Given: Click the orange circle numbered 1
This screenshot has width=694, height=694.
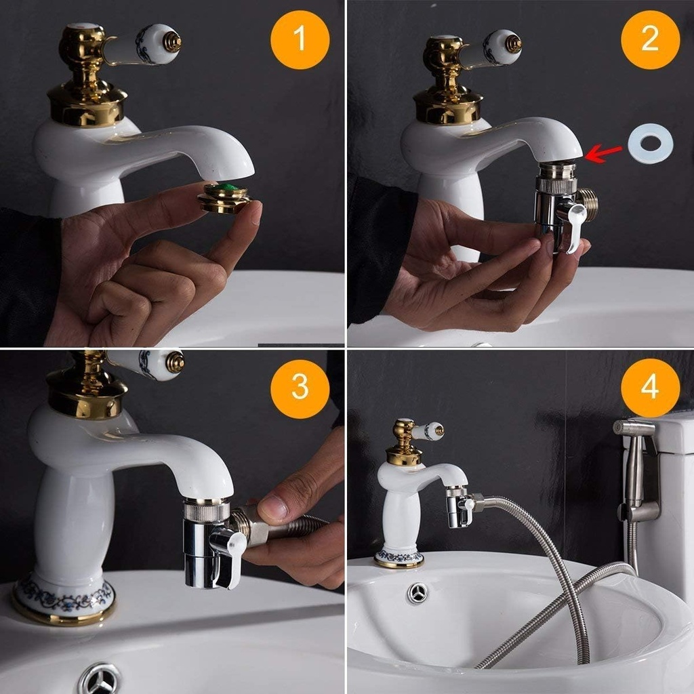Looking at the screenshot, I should coord(300,39).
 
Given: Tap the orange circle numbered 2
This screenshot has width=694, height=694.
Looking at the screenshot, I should coord(650,39).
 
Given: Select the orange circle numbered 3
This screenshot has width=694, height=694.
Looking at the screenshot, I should coord(300,388).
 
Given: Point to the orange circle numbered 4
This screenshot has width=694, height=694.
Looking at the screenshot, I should coord(650,388).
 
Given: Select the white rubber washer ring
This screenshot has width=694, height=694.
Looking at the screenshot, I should coord(650,144).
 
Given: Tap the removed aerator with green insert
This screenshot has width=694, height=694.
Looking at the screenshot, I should coord(224,197).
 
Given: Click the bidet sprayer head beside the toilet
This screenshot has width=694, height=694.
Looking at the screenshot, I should coord(635,428).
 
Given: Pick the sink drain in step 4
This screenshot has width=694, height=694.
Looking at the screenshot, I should coord(417,592).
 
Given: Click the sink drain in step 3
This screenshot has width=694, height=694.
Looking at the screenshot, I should coord(99,679).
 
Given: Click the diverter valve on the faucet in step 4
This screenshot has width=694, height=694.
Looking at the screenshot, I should coord(460,508).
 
